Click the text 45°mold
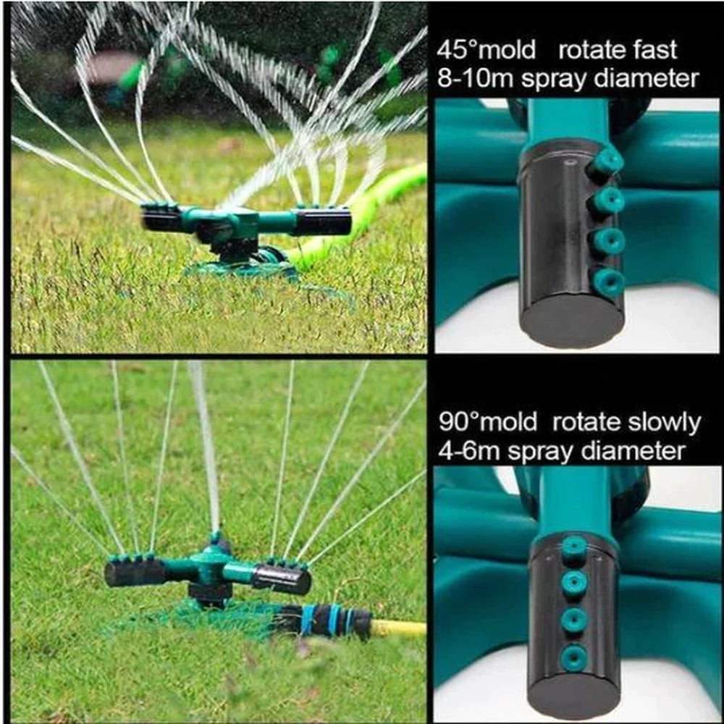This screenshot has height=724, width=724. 487,49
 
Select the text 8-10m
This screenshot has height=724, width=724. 475,78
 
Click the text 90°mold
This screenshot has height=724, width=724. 488,421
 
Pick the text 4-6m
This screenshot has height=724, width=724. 469,450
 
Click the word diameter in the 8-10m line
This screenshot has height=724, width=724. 646,78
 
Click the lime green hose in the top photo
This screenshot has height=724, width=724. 359,217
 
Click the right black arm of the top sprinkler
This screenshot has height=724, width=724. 322,223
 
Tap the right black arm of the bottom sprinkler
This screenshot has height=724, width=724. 282,579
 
